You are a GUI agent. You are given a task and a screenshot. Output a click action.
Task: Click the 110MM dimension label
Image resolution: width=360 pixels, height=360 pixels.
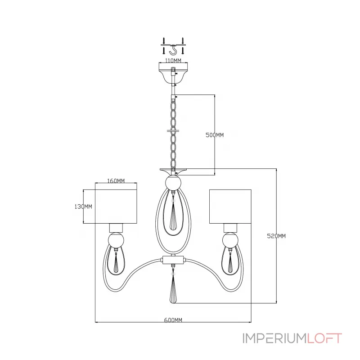173,61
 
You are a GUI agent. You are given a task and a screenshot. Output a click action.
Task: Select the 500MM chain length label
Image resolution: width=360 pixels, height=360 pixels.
215,135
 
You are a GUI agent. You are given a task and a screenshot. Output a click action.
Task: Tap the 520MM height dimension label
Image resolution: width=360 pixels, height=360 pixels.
276,236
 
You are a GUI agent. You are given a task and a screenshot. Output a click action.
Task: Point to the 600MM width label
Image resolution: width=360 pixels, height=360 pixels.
173,320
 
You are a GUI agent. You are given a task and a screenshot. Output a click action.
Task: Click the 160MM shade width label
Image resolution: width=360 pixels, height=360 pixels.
116,181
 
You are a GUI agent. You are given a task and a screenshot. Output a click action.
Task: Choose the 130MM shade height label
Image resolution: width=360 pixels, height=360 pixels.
83,207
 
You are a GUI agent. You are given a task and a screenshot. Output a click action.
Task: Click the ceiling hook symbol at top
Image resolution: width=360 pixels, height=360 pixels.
173,50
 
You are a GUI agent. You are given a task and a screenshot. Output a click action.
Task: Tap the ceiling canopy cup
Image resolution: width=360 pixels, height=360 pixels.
173,73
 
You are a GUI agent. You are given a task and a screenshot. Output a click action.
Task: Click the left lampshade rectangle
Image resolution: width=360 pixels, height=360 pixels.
116,207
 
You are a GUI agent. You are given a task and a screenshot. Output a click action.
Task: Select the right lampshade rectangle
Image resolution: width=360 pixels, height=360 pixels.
230,207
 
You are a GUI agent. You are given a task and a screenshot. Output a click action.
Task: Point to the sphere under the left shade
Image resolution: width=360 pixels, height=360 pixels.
116,240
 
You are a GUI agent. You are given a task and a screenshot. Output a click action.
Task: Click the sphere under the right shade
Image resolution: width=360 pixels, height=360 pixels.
230,240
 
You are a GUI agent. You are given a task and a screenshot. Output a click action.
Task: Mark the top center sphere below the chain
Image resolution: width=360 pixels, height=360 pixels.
173,183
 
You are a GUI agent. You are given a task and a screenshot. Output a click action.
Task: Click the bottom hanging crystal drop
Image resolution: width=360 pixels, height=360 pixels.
173,290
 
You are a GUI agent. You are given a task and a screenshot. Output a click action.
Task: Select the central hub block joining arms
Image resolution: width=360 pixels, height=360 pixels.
173,260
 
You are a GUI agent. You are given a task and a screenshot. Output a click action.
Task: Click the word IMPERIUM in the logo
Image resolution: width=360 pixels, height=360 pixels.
274,338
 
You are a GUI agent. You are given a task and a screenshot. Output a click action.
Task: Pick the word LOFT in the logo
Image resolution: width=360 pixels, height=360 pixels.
324,338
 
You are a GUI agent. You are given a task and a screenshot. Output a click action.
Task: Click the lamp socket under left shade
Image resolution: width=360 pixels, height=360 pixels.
116,228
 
